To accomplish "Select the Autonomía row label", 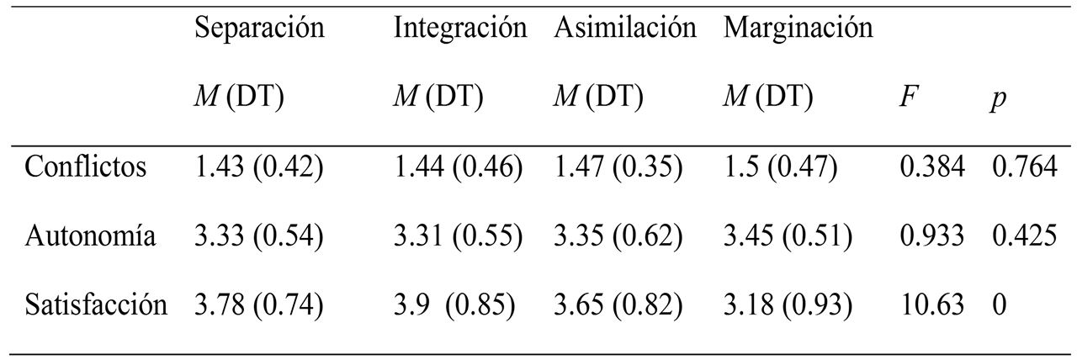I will click(x=90, y=236).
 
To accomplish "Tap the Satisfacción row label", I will click(x=96, y=304).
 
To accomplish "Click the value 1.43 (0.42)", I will click(x=258, y=167).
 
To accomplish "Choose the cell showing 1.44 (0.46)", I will click(x=459, y=167).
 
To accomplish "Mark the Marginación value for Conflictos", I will click(x=780, y=167).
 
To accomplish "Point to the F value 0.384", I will click(x=931, y=167).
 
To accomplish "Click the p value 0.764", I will click(x=1024, y=167).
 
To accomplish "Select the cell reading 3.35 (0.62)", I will click(x=618, y=236).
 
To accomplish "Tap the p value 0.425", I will click(x=1024, y=236).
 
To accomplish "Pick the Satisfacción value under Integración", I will click(x=454, y=304).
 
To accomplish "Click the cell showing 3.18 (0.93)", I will click(x=788, y=304).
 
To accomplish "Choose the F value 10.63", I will click(x=931, y=304).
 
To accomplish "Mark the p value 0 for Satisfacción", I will click(x=1000, y=304).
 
